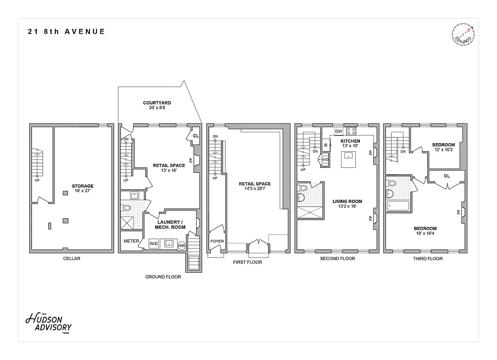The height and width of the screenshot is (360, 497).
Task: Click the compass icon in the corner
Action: [x=463, y=36]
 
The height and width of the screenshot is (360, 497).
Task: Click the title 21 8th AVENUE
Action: [x=67, y=31]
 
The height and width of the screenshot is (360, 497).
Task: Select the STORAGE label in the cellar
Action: [x=82, y=185]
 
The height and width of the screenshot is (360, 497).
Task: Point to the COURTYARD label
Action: [x=157, y=103]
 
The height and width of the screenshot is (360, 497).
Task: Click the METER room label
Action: [x=131, y=241]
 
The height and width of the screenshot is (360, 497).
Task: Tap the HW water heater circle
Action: [x=182, y=245]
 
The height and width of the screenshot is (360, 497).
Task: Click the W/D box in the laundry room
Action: [x=154, y=243]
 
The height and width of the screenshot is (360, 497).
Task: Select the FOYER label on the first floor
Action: [x=217, y=241]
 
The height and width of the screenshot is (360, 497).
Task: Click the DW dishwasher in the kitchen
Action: [x=339, y=131]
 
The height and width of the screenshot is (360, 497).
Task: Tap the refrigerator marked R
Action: [x=326, y=145]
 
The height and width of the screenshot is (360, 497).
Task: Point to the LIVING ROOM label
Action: [x=347, y=201]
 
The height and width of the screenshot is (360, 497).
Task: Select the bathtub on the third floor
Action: [x=398, y=206]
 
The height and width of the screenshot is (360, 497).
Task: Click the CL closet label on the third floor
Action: [x=447, y=176]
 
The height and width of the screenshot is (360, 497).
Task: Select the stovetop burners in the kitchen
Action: [x=351, y=131]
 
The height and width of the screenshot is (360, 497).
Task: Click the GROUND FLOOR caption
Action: [x=163, y=277]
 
